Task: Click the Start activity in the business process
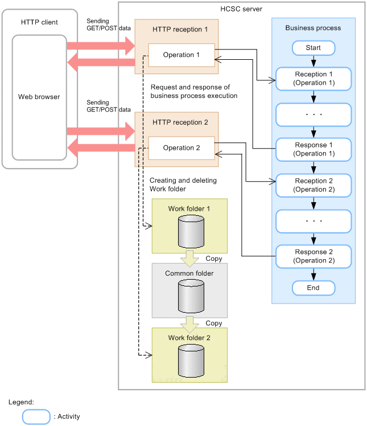coord(313,48)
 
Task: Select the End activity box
coord(313,288)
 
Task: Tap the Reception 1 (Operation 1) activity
coord(313,79)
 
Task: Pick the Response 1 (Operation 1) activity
coord(313,149)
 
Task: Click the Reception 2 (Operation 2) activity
coord(313,185)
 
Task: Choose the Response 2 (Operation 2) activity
coord(313,256)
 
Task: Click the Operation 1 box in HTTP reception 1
coord(181,55)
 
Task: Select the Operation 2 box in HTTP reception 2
coord(181,148)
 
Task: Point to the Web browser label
coord(39,97)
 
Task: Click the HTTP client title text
coord(39,22)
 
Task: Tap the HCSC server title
coord(241,9)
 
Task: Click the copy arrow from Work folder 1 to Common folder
coord(189,259)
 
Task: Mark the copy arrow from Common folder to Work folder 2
coord(189,323)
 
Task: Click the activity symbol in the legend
coord(36,416)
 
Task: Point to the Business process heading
coord(313,28)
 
